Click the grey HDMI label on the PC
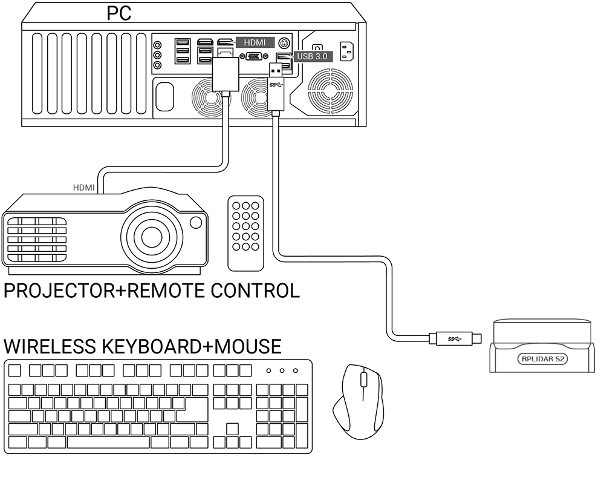pos(255,42)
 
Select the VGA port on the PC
pos(254,56)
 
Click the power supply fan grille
pos(330,90)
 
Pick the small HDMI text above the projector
pos(83,188)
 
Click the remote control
pos(245,232)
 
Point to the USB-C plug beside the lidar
pos(454,337)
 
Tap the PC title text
pos(119,12)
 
